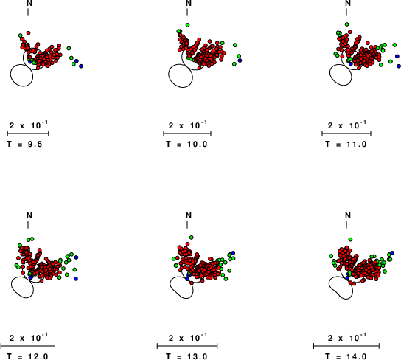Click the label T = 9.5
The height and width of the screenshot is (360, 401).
(24, 145)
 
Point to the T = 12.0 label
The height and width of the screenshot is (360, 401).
(27, 356)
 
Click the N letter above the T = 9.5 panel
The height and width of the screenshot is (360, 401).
(29, 3)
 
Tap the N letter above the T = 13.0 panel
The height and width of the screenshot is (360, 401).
(189, 215)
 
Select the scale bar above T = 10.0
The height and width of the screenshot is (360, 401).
(187, 134)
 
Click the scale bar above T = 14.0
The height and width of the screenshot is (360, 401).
(346, 346)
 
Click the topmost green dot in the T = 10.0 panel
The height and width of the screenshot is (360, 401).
(187, 25)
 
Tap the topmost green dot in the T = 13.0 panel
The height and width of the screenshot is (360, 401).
(192, 238)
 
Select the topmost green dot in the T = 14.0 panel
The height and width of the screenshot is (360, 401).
(350, 240)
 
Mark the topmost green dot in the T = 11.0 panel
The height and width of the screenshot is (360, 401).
(346, 24)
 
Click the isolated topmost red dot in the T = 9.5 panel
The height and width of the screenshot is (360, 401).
(29, 32)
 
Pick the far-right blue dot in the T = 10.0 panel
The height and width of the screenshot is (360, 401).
(240, 60)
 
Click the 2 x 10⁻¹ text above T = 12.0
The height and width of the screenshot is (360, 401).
(29, 339)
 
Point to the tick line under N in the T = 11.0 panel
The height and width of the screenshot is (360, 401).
(346, 12)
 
